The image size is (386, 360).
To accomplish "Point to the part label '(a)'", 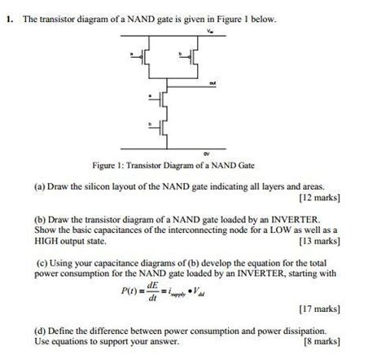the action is (40, 186).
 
